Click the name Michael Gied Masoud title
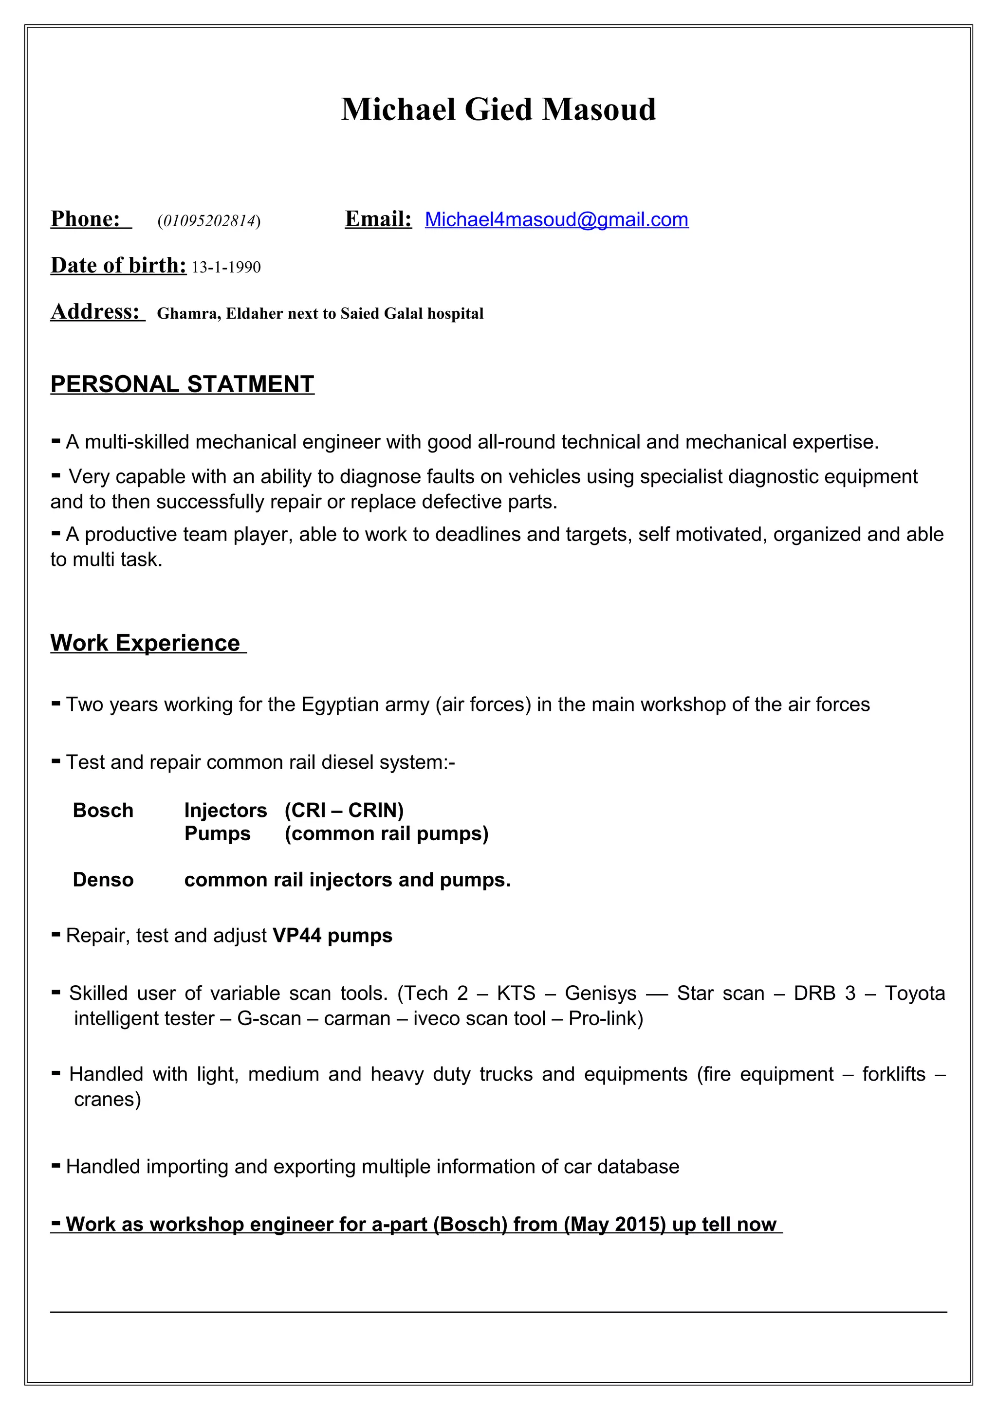[x=498, y=110]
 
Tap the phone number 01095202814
[x=209, y=221]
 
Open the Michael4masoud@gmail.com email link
[x=556, y=220]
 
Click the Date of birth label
[x=118, y=265]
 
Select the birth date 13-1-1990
[x=226, y=268]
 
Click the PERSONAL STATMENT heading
[x=182, y=384]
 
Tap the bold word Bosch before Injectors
[x=103, y=811]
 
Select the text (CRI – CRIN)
[x=344, y=811]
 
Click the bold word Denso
[x=103, y=880]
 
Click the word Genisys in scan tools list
[x=600, y=994]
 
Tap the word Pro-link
[x=605, y=1019]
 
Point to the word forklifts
[x=893, y=1074]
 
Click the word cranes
[x=107, y=1099]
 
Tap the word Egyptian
[x=340, y=705]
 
